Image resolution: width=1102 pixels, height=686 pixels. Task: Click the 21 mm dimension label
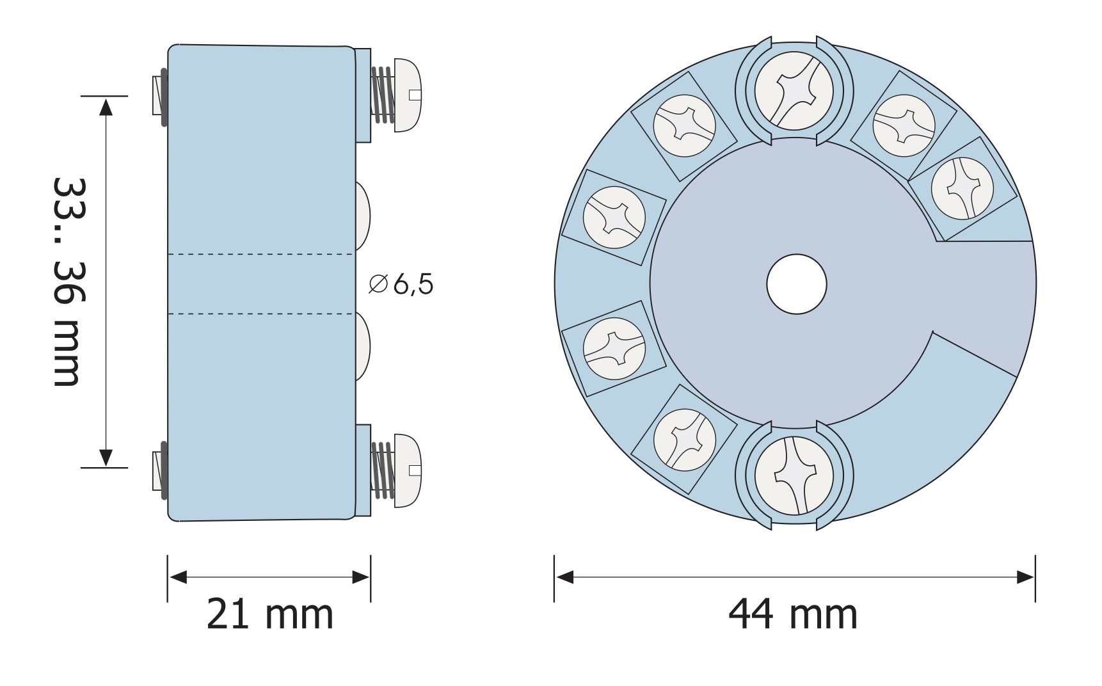pyautogui.click(x=270, y=614)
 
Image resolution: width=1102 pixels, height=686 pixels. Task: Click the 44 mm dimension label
pyautogui.click(x=793, y=614)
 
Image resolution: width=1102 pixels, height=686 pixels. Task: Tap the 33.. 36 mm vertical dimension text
pyautogui.click(x=67, y=281)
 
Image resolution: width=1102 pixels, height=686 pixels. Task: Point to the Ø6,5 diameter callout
pyautogui.click(x=401, y=284)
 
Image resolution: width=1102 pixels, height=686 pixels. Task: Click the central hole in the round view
pyautogui.click(x=797, y=284)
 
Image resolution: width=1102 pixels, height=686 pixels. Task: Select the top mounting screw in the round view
pyautogui.click(x=794, y=90)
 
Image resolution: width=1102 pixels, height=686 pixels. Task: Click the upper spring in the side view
pyautogui.click(x=383, y=95)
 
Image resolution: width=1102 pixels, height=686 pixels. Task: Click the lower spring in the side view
pyautogui.click(x=383, y=470)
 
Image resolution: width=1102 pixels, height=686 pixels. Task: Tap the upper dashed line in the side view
pyautogui.click(x=260, y=255)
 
